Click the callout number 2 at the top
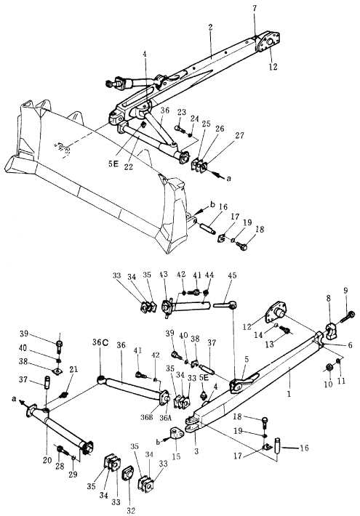coord(210,28)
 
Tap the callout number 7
coord(255,9)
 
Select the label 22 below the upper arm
coord(129,167)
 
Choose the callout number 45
coord(232,275)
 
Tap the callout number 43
coord(164,275)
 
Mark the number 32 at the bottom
coord(131,510)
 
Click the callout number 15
coord(176,456)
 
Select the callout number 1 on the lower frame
coord(289,394)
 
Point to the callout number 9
coord(345,291)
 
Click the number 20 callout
coord(47,460)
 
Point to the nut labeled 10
coord(329,367)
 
